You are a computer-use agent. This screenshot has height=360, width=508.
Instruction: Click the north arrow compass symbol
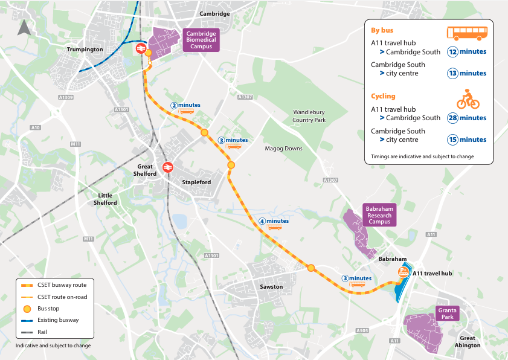(x=24, y=28)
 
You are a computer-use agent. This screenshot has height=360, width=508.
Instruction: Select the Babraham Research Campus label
(x=379, y=216)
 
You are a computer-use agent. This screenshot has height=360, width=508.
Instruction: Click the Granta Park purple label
(x=447, y=313)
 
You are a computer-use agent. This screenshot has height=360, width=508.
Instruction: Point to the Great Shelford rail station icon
(x=167, y=167)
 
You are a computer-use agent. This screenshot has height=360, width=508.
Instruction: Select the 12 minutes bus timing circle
(x=453, y=52)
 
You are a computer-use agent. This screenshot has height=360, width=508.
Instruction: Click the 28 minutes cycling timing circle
(x=453, y=118)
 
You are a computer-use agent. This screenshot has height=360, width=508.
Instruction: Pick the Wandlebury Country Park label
(x=309, y=116)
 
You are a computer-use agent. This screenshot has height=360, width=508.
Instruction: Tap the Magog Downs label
(x=283, y=149)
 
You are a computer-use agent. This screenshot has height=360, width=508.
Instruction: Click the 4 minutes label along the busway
(x=274, y=222)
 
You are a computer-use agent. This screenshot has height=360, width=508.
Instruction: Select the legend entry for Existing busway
(x=58, y=320)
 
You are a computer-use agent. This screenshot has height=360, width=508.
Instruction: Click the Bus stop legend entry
(x=48, y=309)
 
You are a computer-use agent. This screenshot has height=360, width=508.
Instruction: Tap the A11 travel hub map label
(x=432, y=274)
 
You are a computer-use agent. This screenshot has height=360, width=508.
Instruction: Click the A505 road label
(x=362, y=330)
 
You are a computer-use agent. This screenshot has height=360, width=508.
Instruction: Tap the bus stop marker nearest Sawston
(x=311, y=268)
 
